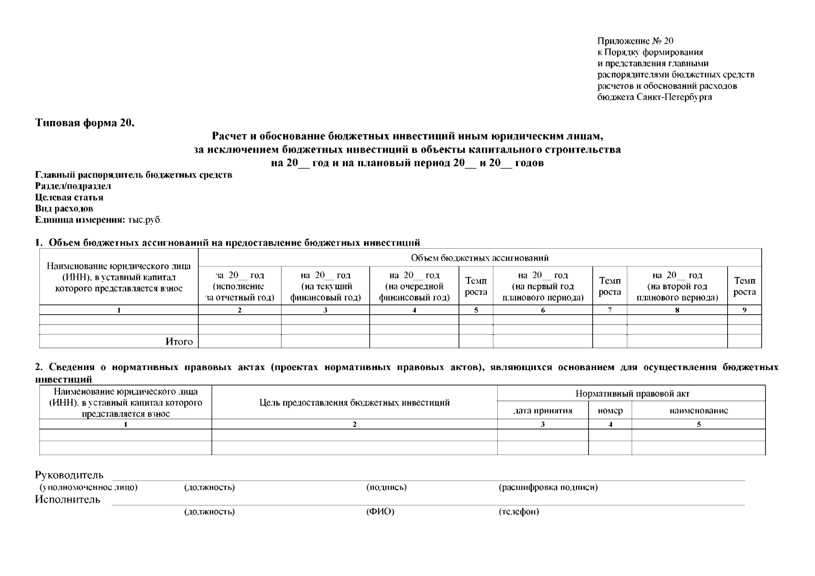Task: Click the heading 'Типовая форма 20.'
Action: (85, 123)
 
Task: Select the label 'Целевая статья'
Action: (69, 197)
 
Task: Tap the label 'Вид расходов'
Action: (64, 209)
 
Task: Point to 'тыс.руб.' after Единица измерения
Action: (145, 220)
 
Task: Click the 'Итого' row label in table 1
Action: (179, 342)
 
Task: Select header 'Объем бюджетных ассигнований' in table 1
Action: (479, 258)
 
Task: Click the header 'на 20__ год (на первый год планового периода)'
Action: (543, 287)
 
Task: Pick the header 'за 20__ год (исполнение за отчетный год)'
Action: (240, 287)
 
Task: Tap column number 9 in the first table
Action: (744, 310)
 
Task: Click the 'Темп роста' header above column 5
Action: (476, 287)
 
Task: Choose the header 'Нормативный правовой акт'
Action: (632, 394)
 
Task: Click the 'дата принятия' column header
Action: (543, 411)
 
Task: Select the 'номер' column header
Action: (610, 411)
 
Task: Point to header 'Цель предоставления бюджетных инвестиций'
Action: (354, 403)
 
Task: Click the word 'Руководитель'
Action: (69, 475)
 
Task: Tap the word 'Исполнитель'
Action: (68, 500)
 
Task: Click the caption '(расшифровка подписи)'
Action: (548, 488)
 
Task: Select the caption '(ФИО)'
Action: (380, 512)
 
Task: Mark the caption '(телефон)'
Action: (519, 512)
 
